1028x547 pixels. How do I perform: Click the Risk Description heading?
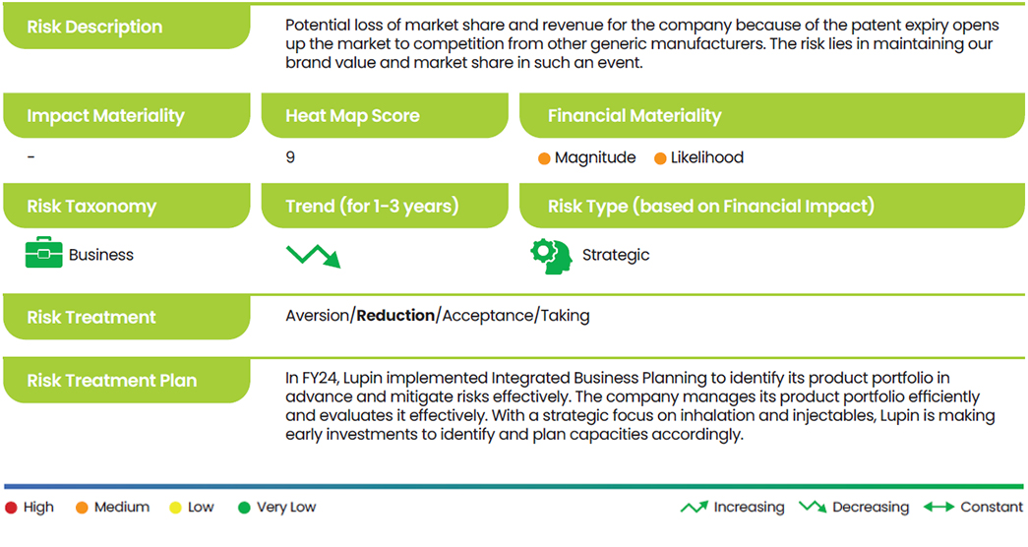click(x=94, y=27)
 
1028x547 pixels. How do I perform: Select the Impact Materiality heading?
click(x=105, y=116)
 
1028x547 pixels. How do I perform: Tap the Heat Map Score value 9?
click(x=290, y=157)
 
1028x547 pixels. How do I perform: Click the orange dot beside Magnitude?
click(x=544, y=158)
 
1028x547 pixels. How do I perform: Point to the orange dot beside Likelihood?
click(x=660, y=158)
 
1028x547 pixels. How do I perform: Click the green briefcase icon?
click(x=44, y=253)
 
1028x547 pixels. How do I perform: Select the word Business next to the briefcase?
click(x=101, y=255)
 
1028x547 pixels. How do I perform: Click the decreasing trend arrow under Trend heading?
click(x=314, y=256)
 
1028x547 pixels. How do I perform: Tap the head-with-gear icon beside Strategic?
click(x=551, y=257)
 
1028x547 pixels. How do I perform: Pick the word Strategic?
click(x=616, y=255)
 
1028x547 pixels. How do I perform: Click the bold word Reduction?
click(x=395, y=316)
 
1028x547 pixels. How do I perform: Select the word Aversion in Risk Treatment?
click(x=318, y=316)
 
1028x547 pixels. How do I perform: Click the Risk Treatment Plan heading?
click(x=111, y=381)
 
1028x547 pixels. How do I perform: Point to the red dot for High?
click(x=11, y=508)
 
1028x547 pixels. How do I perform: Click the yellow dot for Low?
click(x=175, y=508)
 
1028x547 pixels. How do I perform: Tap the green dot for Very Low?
click(x=244, y=508)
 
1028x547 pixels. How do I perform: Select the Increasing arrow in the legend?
click(x=695, y=507)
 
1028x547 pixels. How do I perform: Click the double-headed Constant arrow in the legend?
click(x=938, y=507)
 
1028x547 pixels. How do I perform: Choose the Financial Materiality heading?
click(x=635, y=116)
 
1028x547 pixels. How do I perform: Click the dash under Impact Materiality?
click(x=30, y=157)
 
